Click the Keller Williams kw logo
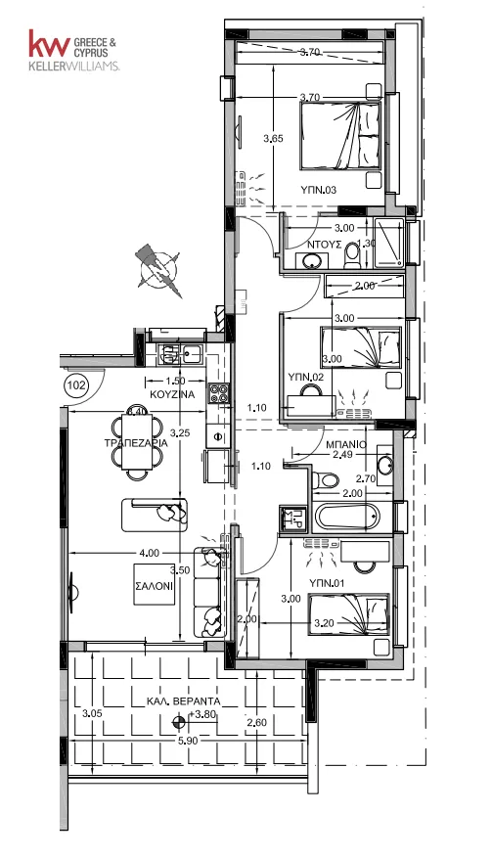click(x=49, y=43)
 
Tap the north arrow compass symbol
click(x=159, y=270)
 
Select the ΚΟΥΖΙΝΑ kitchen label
click(x=172, y=393)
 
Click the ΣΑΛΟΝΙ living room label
click(x=154, y=585)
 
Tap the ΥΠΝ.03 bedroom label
click(x=318, y=190)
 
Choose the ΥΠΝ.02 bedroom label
click(x=306, y=377)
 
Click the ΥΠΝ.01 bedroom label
click(x=326, y=583)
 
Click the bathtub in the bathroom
click(x=347, y=517)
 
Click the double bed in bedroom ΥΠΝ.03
click(x=340, y=136)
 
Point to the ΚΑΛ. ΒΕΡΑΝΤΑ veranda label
click(x=184, y=700)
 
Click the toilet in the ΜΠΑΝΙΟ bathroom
click(x=329, y=480)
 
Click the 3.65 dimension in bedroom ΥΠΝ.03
click(x=273, y=139)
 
